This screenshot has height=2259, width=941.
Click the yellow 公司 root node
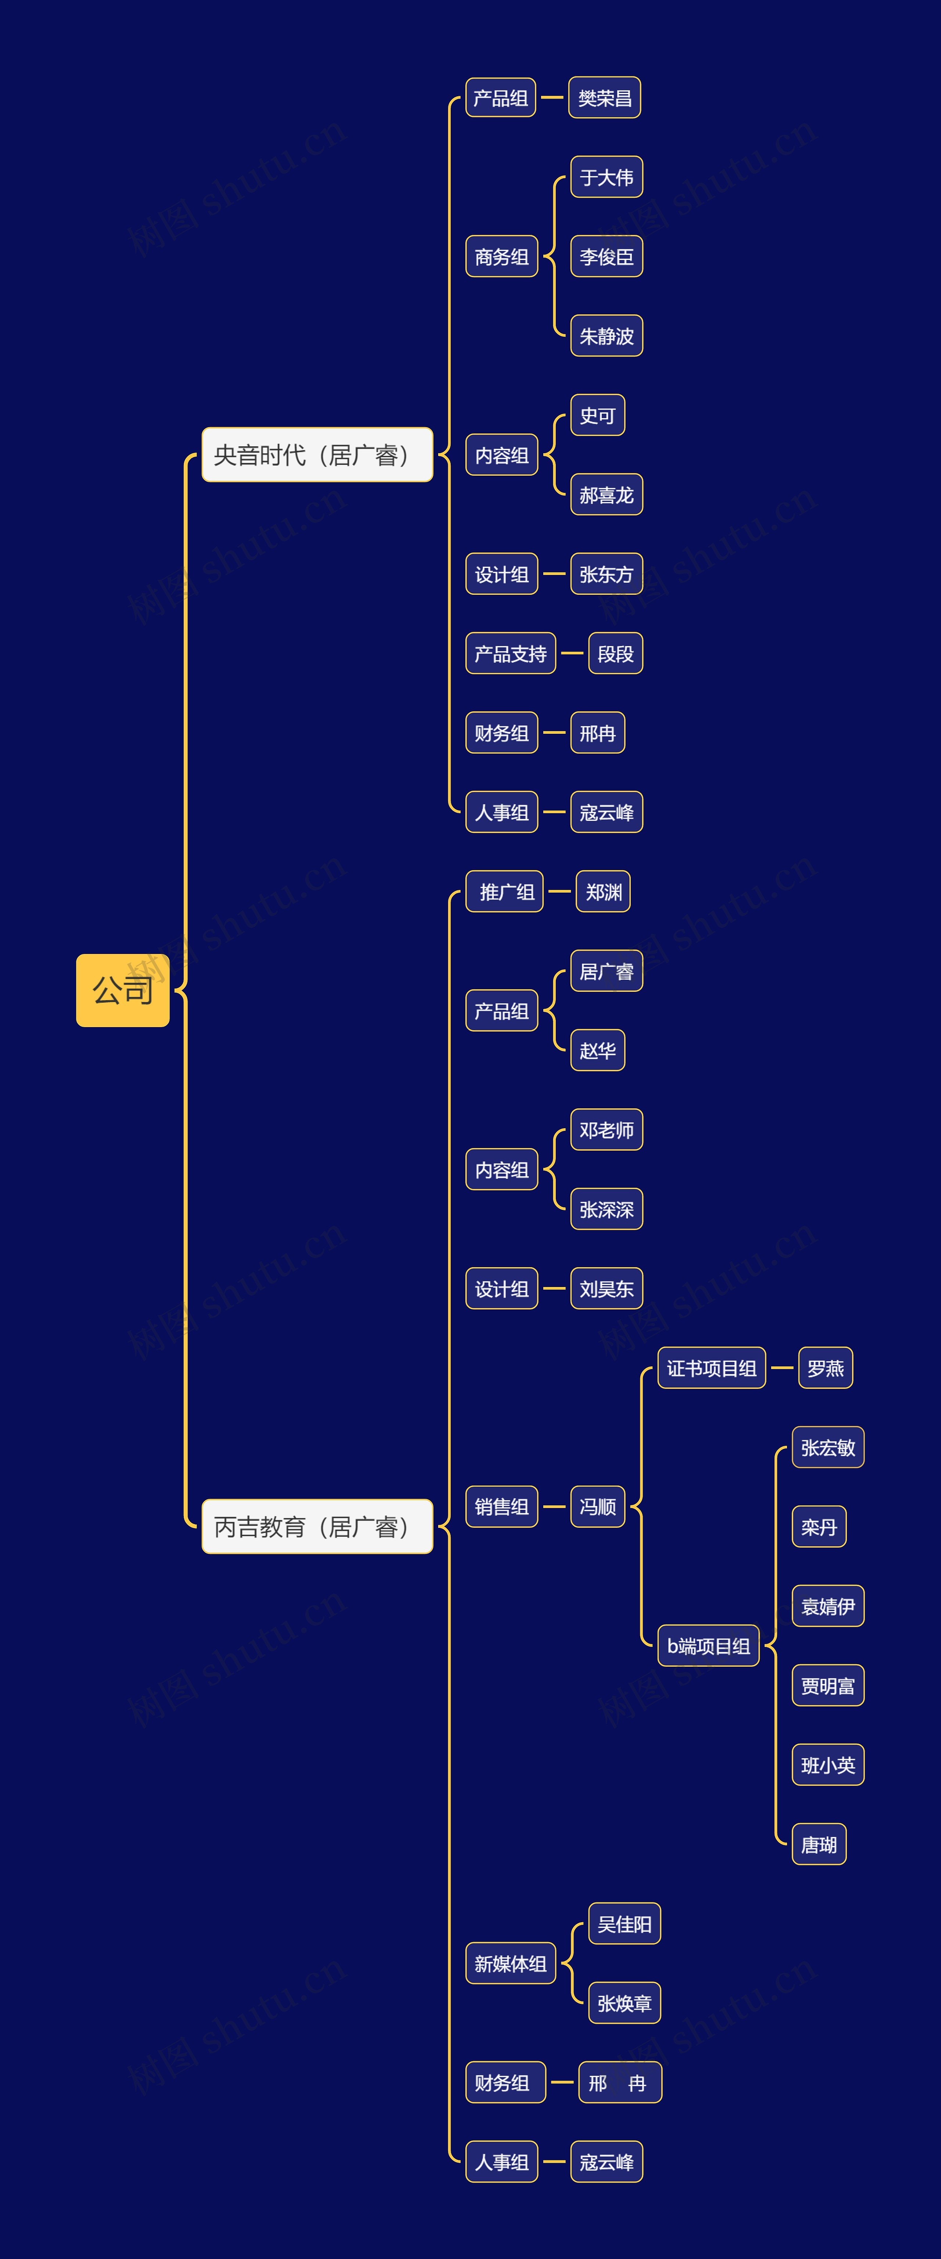click(x=123, y=990)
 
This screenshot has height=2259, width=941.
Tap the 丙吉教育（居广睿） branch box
click(x=316, y=1527)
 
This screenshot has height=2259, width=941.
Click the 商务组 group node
click(x=502, y=257)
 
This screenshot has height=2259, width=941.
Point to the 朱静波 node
click(x=606, y=336)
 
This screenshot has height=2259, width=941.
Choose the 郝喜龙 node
click(x=606, y=494)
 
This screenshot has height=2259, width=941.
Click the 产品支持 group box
click(x=511, y=653)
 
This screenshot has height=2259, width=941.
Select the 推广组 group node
click(x=505, y=892)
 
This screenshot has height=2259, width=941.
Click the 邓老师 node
click(x=606, y=1129)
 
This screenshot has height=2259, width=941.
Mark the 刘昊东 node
click(x=606, y=1288)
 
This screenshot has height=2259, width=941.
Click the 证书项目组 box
click(x=711, y=1368)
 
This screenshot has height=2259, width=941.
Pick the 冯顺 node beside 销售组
click(x=597, y=1506)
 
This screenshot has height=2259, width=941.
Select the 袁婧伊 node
click(x=828, y=1606)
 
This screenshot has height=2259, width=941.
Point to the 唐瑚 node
click(x=819, y=1844)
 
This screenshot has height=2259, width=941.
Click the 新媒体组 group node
click(x=511, y=1963)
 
